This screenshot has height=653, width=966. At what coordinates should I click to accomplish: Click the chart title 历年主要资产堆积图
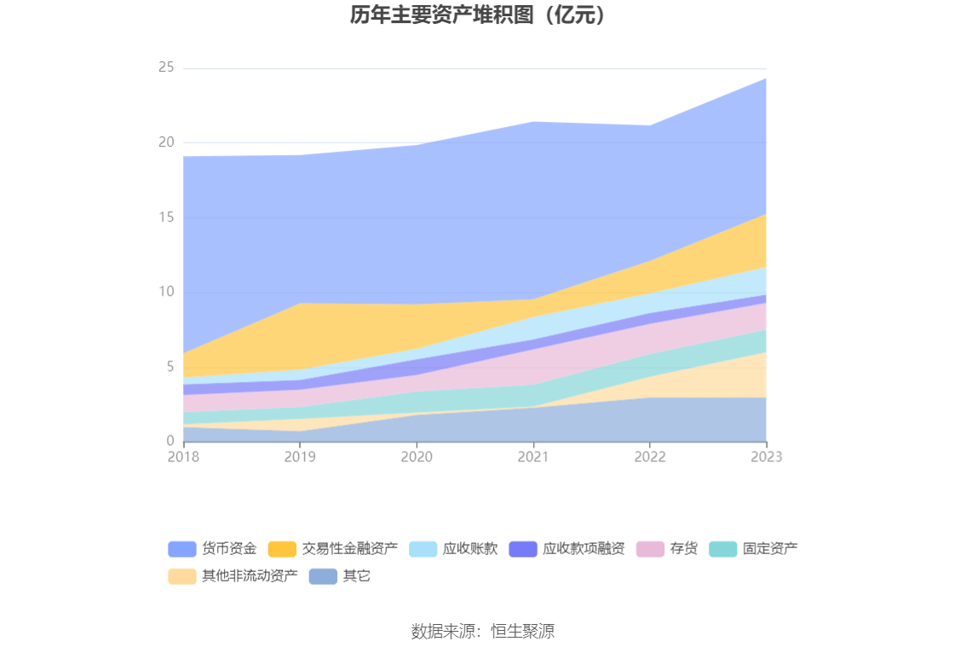coord(482,15)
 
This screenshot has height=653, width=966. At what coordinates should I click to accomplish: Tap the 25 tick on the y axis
coord(166,67)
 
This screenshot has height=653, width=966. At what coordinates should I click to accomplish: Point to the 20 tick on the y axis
coord(166,142)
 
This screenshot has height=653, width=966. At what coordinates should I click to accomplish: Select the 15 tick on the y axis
coord(166,217)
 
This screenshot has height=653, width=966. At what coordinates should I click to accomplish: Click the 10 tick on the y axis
coord(166,292)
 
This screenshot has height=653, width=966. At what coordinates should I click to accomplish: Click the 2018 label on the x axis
coord(183,457)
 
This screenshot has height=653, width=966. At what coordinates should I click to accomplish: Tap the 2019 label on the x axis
coord(300,457)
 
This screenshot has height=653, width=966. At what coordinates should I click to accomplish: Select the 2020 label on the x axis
coord(417,457)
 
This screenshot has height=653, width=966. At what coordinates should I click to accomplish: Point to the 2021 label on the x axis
coord(533,457)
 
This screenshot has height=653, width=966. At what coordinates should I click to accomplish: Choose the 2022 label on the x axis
coord(650,457)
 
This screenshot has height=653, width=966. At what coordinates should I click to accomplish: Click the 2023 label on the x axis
coord(767,457)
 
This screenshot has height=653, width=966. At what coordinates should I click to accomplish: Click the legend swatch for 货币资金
coord(182,549)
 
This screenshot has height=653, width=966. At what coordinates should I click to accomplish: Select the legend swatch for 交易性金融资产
coord(282,549)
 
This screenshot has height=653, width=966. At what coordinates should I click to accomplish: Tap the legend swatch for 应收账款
coord(423,549)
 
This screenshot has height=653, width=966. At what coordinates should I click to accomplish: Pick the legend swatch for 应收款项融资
coord(523,549)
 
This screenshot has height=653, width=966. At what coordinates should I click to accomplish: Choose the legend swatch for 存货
coord(650,549)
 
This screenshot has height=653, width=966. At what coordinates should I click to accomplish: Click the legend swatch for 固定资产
coord(723,549)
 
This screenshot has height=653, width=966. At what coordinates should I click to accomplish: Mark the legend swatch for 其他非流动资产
coord(182,576)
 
